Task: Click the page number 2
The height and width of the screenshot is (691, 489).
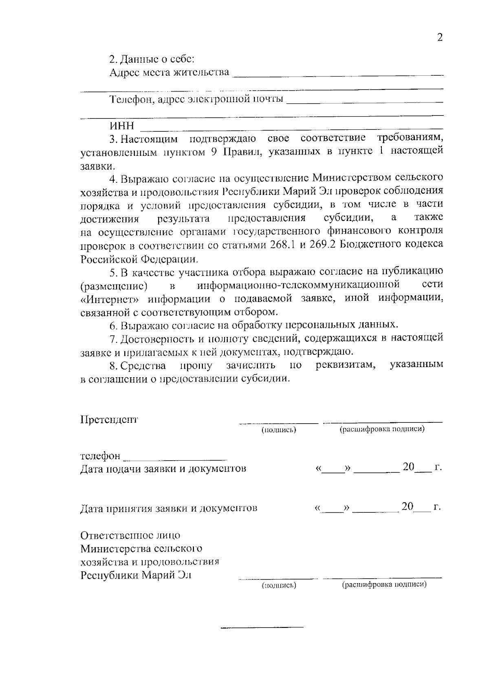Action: [439, 38]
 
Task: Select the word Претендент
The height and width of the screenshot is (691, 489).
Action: [109, 420]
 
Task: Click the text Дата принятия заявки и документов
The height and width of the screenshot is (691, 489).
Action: [168, 508]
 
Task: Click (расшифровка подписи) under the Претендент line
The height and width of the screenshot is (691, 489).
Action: [382, 429]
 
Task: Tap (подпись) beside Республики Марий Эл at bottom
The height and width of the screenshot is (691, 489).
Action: [278, 586]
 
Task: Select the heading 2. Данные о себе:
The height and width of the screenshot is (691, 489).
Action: [152, 59]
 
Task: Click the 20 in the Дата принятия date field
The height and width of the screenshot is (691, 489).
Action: [407, 507]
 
